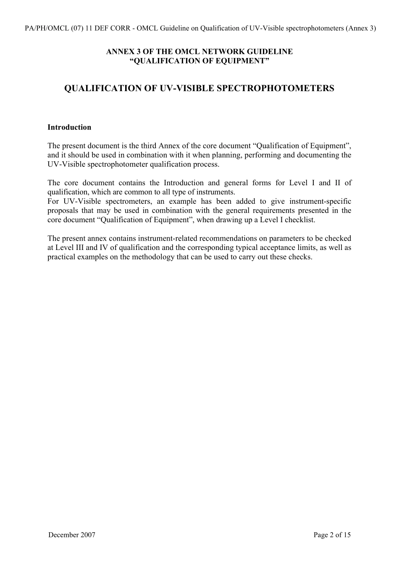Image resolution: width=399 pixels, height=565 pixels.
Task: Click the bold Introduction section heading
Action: click(x=69, y=127)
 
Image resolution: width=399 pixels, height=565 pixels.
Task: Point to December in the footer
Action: click(x=63, y=535)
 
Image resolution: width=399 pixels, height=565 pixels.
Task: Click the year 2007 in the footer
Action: click(x=87, y=535)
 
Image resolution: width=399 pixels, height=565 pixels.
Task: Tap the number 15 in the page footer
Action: click(x=346, y=535)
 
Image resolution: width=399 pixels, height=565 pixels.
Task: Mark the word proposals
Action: click(x=63, y=210)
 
